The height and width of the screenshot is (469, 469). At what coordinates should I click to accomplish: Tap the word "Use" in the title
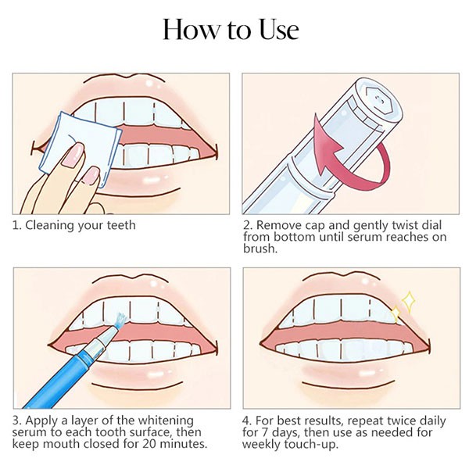coord(279,29)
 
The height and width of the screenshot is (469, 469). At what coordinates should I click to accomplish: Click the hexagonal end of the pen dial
coord(378,101)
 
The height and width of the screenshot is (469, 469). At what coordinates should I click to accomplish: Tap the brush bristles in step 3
coord(120,320)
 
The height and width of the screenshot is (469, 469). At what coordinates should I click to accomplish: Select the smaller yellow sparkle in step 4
coord(396,313)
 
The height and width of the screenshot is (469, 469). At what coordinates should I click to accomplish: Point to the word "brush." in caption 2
coord(260,249)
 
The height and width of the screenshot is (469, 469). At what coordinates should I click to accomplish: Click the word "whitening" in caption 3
coord(166,421)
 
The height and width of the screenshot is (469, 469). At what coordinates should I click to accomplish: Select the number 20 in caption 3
coord(149,443)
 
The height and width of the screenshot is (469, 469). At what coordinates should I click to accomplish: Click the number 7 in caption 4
coord(265,432)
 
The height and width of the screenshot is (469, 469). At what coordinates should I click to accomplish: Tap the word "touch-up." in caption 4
coord(311,445)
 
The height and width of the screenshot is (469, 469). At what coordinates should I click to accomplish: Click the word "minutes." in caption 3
coord(184,443)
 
